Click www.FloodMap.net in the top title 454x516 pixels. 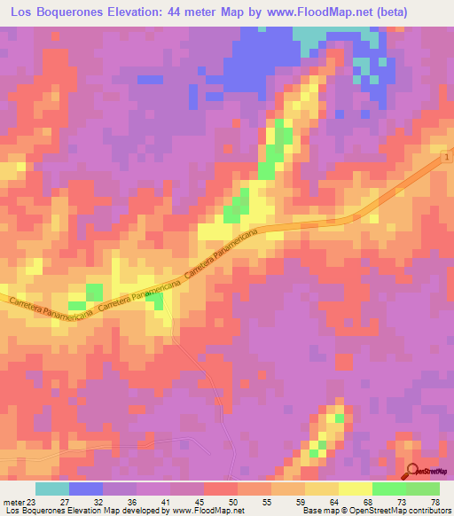point(345,12)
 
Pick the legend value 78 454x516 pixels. point(434,501)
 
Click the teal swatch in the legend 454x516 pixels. point(52,489)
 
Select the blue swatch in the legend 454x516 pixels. point(86,489)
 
